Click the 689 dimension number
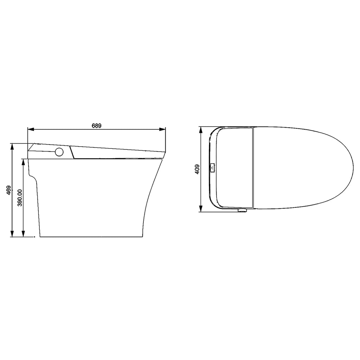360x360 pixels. [96, 125]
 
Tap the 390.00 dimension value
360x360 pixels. [20, 198]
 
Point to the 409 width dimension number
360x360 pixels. [197, 169]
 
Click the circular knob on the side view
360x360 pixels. [60, 152]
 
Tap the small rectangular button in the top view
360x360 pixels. [212, 168]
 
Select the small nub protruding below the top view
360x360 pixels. [242, 211]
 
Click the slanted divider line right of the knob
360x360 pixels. [72, 153]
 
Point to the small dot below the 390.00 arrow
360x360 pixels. [34, 237]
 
